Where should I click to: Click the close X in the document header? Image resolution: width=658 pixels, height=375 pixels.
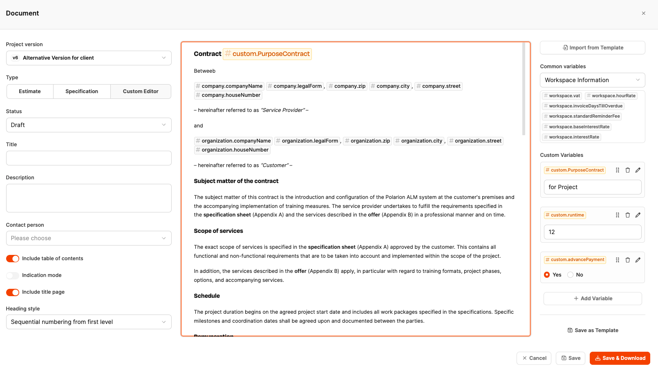643,13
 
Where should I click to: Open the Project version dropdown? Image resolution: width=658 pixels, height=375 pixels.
89,58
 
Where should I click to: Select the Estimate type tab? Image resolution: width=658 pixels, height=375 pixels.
30,92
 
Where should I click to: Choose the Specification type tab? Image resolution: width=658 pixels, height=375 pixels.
82,92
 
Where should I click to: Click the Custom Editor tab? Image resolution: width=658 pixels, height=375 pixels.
141,92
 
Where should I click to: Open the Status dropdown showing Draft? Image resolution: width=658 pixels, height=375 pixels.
89,125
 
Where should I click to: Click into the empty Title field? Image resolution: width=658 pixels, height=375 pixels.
89,158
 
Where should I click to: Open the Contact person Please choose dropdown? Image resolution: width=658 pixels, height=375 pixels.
89,238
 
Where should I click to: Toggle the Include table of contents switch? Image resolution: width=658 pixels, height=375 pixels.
13,259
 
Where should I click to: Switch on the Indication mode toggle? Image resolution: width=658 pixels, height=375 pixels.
13,275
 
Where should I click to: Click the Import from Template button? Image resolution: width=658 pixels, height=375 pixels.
593,48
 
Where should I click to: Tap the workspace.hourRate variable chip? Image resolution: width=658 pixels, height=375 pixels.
611,96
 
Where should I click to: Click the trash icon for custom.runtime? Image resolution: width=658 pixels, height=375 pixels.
628,215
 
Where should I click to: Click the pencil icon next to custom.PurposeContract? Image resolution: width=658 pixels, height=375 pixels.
638,170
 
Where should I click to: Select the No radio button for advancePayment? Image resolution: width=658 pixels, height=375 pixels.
571,275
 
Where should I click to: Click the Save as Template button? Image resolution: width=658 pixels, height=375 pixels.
593,330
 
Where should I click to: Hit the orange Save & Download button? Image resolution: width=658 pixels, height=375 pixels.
620,358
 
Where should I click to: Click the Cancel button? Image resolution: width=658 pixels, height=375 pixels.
534,358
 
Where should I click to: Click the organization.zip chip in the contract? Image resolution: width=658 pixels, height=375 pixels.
367,141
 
